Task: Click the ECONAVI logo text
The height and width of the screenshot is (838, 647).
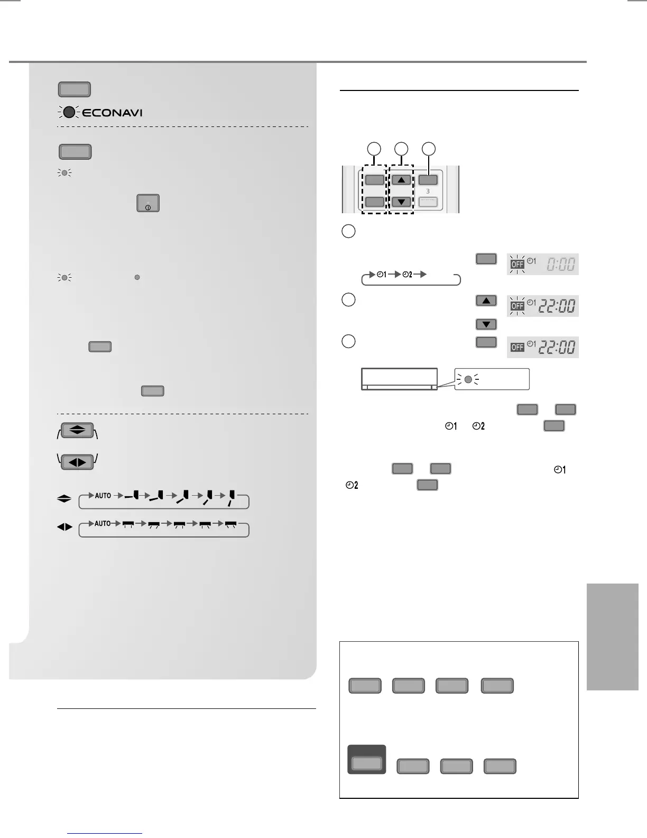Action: coord(112,113)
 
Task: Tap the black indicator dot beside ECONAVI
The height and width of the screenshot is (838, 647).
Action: coord(69,112)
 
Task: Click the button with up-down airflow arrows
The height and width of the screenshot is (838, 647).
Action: coord(77,431)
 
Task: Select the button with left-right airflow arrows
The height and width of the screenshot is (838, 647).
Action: coord(77,462)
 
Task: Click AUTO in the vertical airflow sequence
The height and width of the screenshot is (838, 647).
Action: coord(103,496)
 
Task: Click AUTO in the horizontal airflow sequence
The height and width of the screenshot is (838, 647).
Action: coord(103,523)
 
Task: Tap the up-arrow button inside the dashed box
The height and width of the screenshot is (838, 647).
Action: coord(402,180)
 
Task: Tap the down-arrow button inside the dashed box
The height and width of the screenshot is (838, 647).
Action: coord(402,202)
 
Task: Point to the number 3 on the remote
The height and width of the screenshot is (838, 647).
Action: coord(428,191)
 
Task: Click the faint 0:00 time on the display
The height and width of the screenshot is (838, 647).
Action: coord(560,264)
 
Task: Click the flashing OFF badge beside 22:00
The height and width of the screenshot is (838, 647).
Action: coord(517,306)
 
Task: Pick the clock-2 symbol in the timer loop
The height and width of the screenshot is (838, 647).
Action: coord(408,275)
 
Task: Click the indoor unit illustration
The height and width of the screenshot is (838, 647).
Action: coord(399,379)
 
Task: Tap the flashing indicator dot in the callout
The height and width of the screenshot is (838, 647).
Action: coord(468,379)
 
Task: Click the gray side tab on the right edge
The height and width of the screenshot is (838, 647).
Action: coord(612,636)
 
